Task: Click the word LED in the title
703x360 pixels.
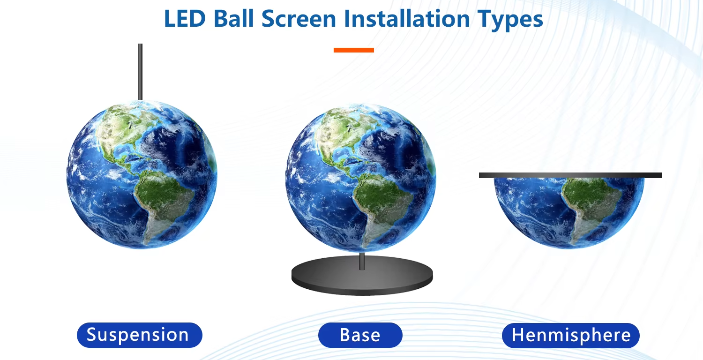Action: tap(185, 19)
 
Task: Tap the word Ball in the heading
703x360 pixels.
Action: tap(233, 19)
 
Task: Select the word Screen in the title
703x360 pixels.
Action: tap(299, 19)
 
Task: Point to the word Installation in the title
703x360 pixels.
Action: tap(407, 19)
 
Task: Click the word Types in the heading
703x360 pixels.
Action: tap(510, 20)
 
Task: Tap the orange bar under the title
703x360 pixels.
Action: tap(354, 50)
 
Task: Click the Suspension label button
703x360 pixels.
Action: tap(140, 335)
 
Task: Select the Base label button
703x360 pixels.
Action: tap(360, 335)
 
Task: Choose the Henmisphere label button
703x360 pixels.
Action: tap(571, 335)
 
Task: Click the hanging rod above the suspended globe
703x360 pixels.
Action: tap(140, 72)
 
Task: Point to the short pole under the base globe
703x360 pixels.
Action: tap(362, 261)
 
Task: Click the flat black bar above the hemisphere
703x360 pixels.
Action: tap(570, 175)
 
